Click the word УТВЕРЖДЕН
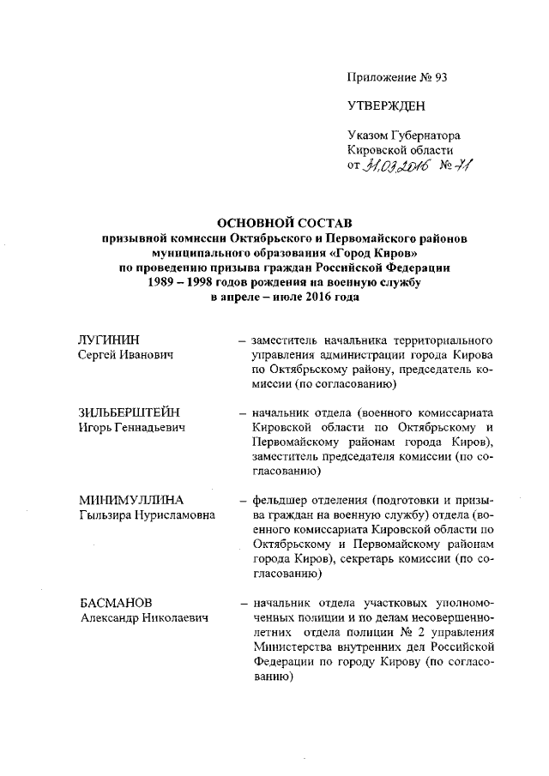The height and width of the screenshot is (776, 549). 385,106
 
